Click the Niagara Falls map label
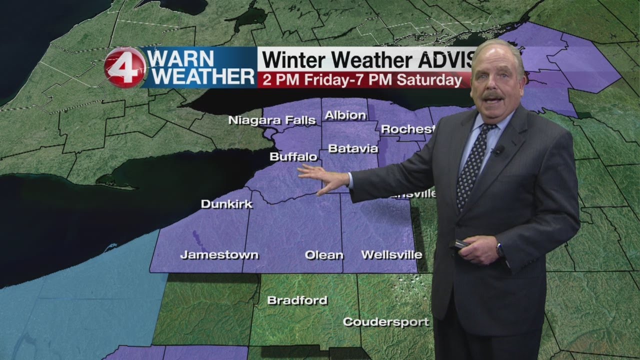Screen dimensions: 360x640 click(x=272, y=120)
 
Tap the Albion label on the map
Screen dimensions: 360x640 click(x=345, y=115)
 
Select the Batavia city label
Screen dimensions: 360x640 click(x=353, y=148)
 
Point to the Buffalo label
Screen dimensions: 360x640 click(x=293, y=157)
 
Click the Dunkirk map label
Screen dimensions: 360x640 click(x=226, y=204)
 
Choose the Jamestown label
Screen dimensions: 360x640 click(x=219, y=255)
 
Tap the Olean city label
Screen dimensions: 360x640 click(x=324, y=255)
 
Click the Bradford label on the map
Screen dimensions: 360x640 click(x=297, y=300)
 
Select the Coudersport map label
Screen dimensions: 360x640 click(x=385, y=322)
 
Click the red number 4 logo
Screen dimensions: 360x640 click(x=125, y=67)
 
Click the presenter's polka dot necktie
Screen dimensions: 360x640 click(x=472, y=165)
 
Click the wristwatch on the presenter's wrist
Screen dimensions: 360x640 click(x=500, y=248)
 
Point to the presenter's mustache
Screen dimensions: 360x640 click(x=493, y=94)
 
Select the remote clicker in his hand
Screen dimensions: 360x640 click(x=459, y=244)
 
